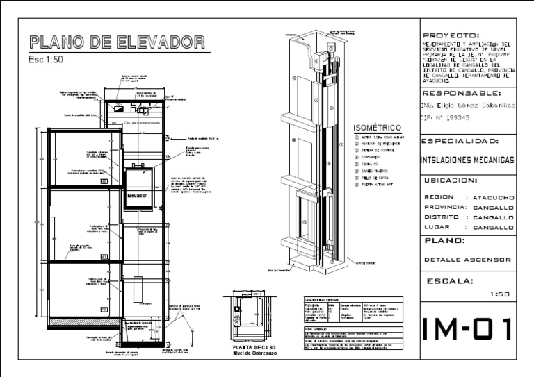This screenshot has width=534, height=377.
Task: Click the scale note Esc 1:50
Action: pyautogui.click(x=45, y=59)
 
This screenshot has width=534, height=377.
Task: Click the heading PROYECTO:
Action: pyautogui.click(x=451, y=35)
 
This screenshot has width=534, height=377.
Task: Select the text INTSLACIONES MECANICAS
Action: pyautogui.click(x=468, y=160)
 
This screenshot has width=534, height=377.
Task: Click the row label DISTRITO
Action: pyautogui.click(x=442, y=217)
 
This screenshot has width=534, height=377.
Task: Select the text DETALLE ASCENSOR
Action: pyautogui.click(x=467, y=260)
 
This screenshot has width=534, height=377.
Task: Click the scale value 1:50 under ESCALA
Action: pyautogui.click(x=499, y=294)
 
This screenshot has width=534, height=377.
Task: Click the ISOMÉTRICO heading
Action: pyautogui.click(x=378, y=128)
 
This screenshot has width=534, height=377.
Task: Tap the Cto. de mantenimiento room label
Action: pyautogui.click(x=142, y=123)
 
